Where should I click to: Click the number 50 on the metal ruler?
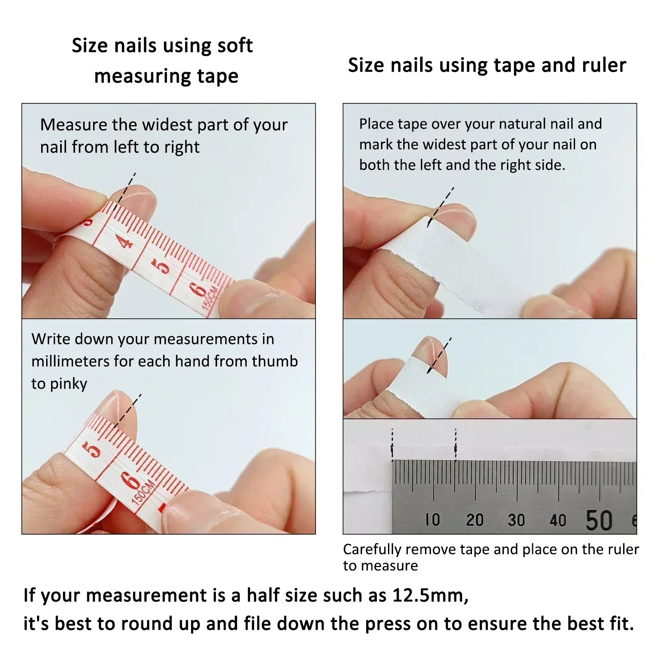(x=599, y=520)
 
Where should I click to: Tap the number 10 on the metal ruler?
(x=433, y=520)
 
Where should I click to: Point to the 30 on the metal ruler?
(x=516, y=520)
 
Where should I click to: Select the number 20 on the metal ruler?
(x=474, y=520)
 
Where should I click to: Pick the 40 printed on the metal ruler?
(x=558, y=521)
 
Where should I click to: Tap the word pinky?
(x=68, y=384)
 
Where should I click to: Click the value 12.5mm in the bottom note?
(x=430, y=595)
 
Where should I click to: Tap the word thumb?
(x=275, y=361)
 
